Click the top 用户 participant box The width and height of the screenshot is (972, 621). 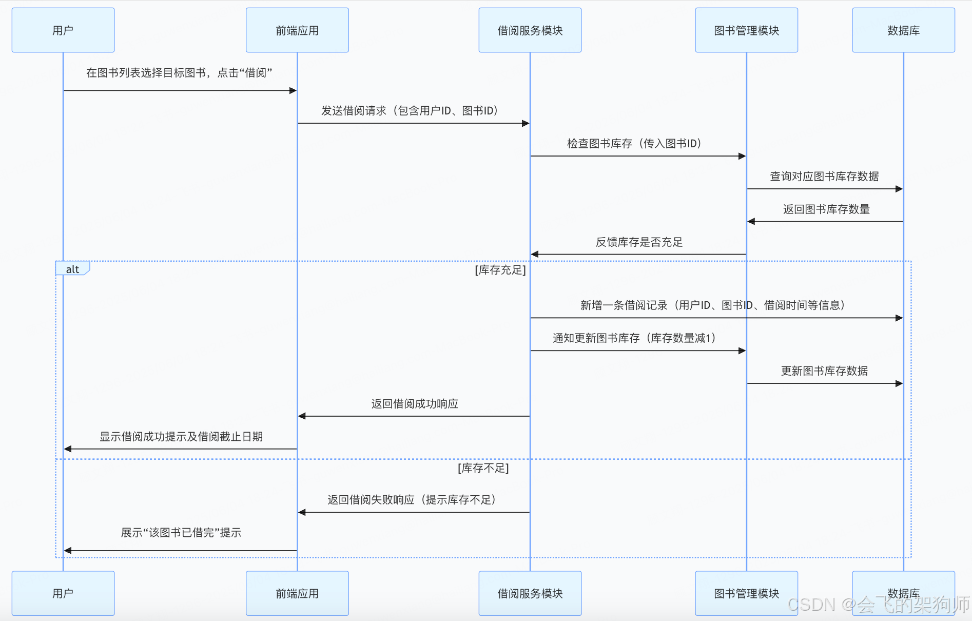click(x=63, y=30)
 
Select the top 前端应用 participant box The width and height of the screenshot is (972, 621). click(x=297, y=30)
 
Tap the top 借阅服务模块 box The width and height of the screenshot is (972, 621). click(x=530, y=30)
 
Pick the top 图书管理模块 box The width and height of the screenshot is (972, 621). click(x=746, y=30)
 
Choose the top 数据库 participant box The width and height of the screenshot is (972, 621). click(x=903, y=30)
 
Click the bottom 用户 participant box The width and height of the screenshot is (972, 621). click(x=63, y=593)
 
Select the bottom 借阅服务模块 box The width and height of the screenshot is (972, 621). click(x=530, y=593)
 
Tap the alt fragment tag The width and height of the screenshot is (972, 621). click(x=72, y=269)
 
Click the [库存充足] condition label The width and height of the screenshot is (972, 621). click(x=500, y=270)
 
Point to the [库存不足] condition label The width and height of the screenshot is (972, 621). click(x=483, y=468)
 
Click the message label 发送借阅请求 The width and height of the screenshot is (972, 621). click(x=410, y=111)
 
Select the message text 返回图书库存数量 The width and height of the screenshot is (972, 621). click(x=826, y=209)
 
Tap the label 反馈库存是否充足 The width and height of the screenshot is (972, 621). click(x=639, y=242)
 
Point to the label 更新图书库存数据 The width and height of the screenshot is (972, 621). click(x=824, y=371)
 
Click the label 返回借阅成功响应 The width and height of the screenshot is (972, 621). click(x=415, y=404)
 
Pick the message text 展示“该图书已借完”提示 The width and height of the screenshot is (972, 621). click(x=181, y=533)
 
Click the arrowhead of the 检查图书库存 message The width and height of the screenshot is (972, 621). click(x=742, y=156)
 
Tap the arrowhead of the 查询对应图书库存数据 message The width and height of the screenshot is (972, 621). click(x=899, y=189)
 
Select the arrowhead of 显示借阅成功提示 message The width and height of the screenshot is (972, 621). click(x=68, y=449)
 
